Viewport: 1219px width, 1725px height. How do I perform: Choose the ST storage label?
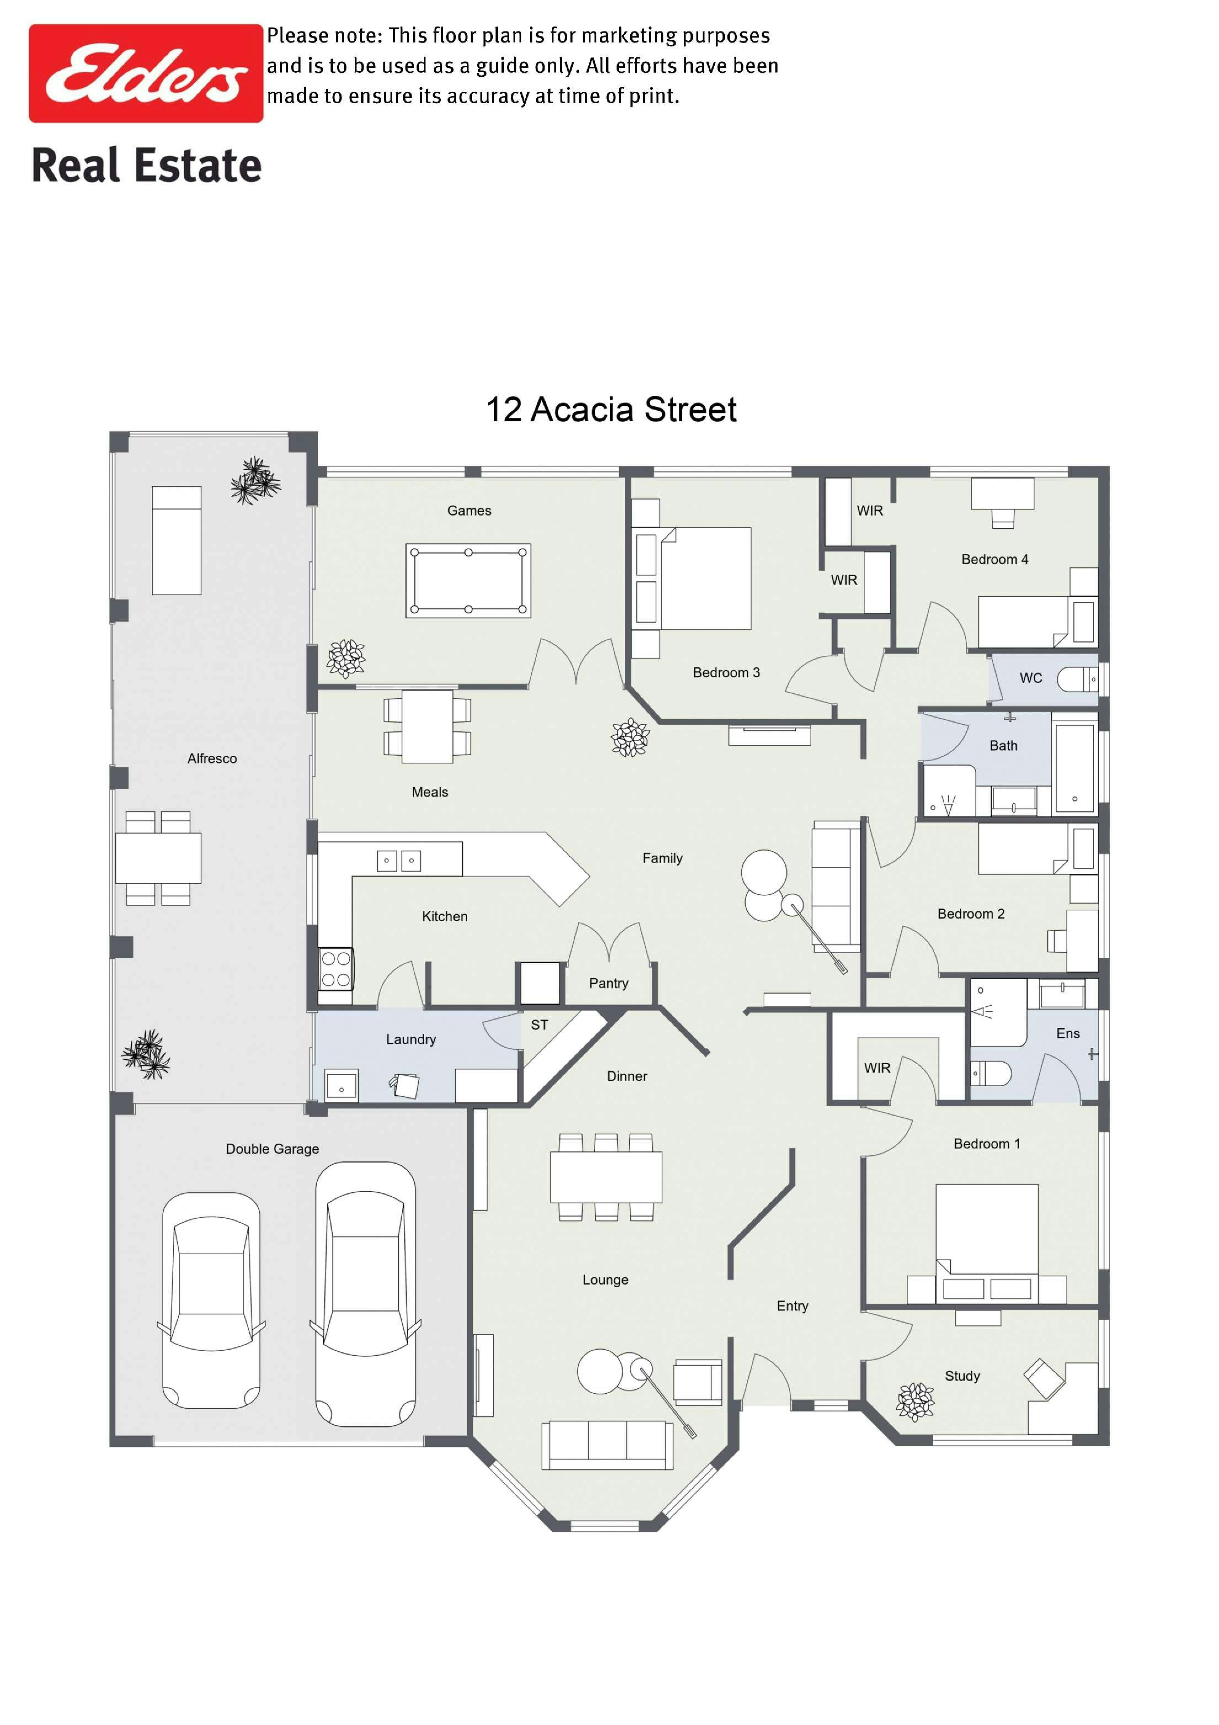coord(539,1025)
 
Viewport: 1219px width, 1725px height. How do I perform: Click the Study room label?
coord(962,1376)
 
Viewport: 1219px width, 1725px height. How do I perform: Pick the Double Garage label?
coord(273,1149)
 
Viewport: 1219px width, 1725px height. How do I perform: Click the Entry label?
coord(792,1306)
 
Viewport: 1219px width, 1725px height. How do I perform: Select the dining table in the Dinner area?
coord(606,1177)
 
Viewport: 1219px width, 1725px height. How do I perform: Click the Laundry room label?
coord(411,1039)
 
